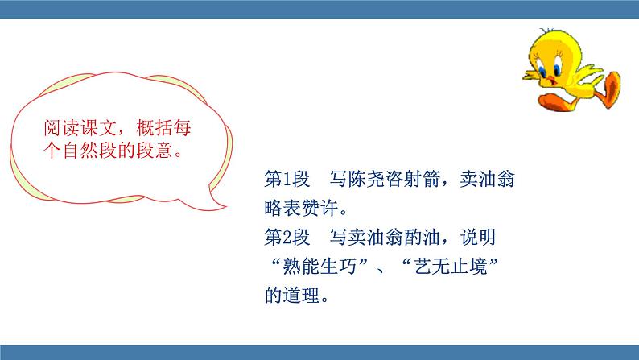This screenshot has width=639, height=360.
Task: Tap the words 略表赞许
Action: click(x=301, y=208)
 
